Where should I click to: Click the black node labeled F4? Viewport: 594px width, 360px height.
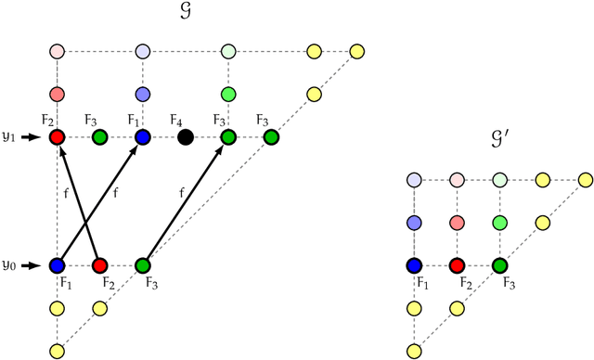pyautogui.click(x=186, y=137)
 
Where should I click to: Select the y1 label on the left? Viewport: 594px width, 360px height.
pyautogui.click(x=9, y=136)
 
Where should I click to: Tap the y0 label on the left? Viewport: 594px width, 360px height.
pyautogui.click(x=9, y=265)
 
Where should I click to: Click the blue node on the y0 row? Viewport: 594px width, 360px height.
pyautogui.click(x=57, y=265)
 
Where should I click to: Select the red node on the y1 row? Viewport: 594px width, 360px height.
pyautogui.click(x=57, y=137)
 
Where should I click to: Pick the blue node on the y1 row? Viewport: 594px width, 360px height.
pyautogui.click(x=143, y=137)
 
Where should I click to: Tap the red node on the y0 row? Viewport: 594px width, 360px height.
pyautogui.click(x=99, y=265)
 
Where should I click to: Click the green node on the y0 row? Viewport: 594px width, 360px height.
pyautogui.click(x=143, y=265)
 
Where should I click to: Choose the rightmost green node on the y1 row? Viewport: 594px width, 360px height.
pyautogui.click(x=271, y=137)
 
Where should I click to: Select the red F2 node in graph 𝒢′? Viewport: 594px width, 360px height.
pyautogui.click(x=457, y=265)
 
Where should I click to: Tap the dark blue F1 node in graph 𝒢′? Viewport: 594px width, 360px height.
pyautogui.click(x=414, y=265)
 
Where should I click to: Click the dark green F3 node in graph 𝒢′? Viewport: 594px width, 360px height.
pyautogui.click(x=499, y=265)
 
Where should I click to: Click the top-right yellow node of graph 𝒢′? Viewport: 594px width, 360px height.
pyautogui.click(x=585, y=179)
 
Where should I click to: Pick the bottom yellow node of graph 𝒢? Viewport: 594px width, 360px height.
pyautogui.click(x=57, y=351)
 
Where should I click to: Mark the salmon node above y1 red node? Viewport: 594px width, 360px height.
pyautogui.click(x=57, y=95)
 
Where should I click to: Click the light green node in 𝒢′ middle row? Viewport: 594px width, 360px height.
pyautogui.click(x=499, y=223)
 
